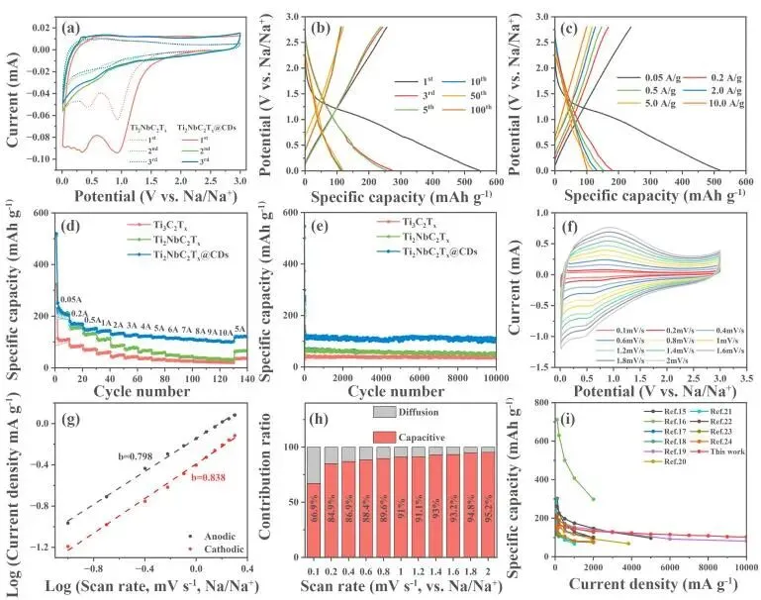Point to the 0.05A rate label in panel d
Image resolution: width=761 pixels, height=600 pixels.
71,299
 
